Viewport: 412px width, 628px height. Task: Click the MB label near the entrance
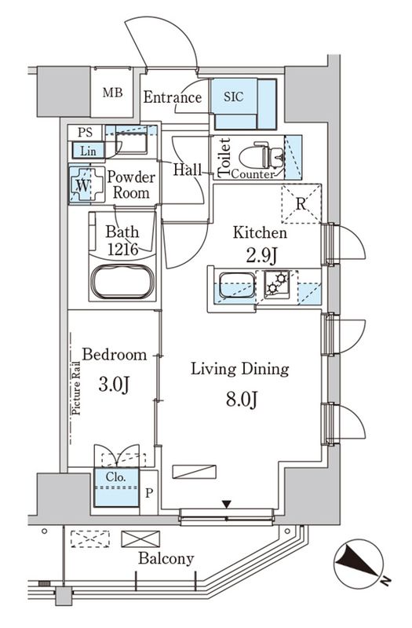click(112, 93)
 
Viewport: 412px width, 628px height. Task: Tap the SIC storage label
click(233, 97)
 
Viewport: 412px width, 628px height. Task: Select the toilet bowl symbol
click(261, 155)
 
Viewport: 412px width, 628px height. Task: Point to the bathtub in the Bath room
click(122, 281)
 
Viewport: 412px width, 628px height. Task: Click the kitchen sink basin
click(237, 285)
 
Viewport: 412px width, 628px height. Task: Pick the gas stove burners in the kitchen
click(277, 283)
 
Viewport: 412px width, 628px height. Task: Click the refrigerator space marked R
click(301, 203)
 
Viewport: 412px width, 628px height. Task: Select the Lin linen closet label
click(88, 151)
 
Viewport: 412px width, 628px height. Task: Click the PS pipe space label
click(85, 132)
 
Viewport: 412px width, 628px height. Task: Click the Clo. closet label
click(116, 477)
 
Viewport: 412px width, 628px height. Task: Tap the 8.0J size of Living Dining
click(242, 400)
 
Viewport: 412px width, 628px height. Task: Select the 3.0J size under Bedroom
click(114, 385)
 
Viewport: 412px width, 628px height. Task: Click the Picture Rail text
click(75, 388)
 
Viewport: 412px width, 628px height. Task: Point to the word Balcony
click(166, 559)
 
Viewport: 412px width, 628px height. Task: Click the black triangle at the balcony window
click(227, 504)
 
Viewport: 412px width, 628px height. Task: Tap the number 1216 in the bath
click(123, 249)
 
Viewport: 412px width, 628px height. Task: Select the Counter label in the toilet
click(253, 174)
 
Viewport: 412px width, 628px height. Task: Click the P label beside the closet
click(149, 493)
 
